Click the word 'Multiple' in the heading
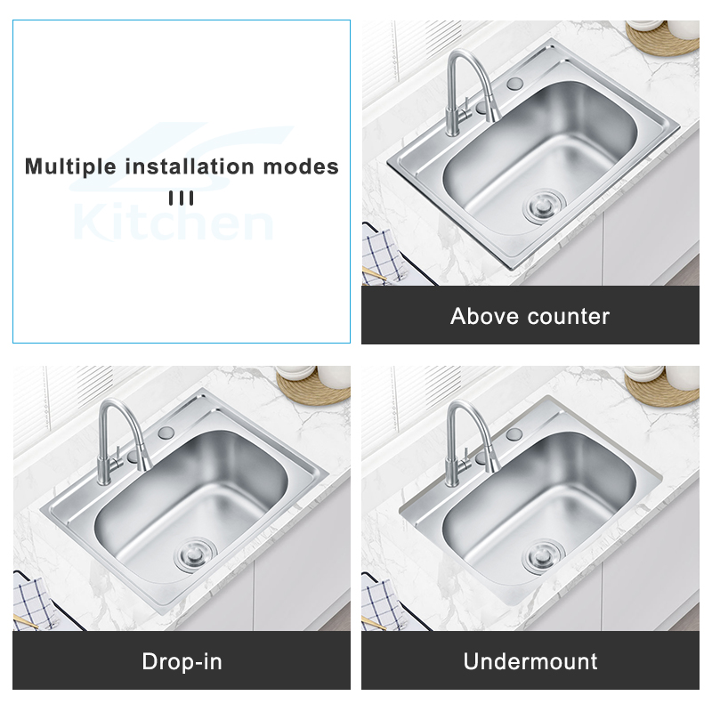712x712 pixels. coord(70,167)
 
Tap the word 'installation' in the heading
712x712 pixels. coord(190,166)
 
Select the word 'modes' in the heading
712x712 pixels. coord(301,166)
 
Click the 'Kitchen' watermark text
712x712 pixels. coord(173,222)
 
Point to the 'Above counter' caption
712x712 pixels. coord(530,316)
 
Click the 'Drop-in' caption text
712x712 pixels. coord(182,661)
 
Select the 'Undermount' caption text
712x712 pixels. coord(530,661)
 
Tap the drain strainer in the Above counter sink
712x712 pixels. coord(544,206)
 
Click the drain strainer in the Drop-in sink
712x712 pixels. coord(195,554)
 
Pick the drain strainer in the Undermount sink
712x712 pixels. coord(544,555)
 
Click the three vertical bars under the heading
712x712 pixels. coord(182,198)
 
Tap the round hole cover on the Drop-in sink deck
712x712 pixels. coord(166,433)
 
